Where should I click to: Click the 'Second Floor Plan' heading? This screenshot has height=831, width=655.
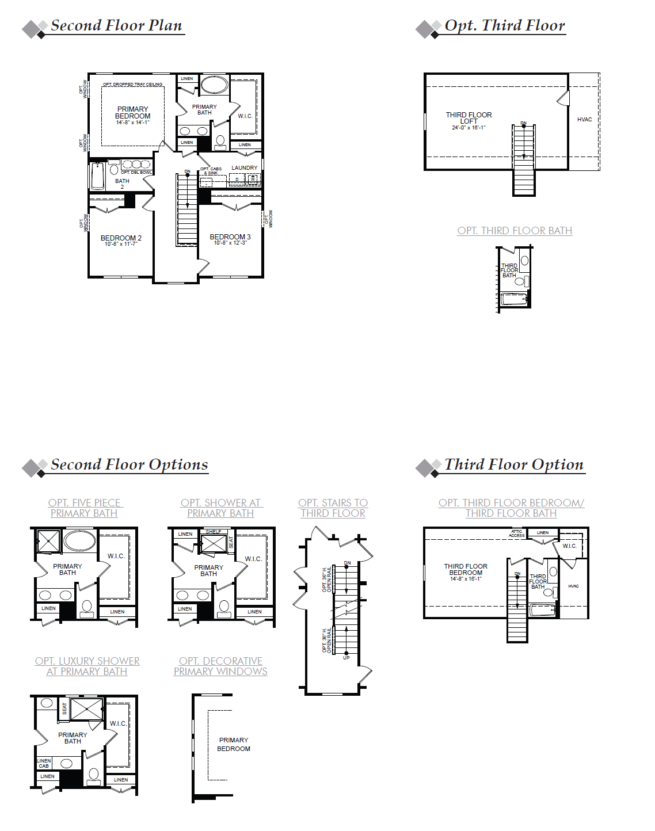pos(116,26)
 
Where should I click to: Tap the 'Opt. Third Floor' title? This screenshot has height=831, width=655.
pos(504,26)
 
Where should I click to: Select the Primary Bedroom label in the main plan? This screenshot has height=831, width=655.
pos(132,113)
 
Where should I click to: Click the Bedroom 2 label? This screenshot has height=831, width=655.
pos(121,238)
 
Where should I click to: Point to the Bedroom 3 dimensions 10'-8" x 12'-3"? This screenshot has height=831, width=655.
pos(230,243)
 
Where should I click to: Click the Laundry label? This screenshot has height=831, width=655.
pos(244,168)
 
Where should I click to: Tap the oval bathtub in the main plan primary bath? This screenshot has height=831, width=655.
pos(214,85)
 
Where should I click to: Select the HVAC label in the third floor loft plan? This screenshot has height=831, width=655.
pos(584,120)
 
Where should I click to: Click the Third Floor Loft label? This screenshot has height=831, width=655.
pos(469,118)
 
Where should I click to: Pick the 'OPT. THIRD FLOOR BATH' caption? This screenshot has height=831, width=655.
pos(515,231)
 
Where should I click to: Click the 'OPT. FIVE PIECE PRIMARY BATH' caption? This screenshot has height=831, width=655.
pos(85,508)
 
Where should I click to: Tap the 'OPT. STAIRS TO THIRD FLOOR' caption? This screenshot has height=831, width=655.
pos(333,508)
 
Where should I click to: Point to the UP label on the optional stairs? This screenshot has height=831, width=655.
pos(346,657)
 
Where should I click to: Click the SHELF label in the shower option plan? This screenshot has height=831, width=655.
pos(213,532)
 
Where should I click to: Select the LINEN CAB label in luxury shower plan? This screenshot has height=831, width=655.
pos(44,763)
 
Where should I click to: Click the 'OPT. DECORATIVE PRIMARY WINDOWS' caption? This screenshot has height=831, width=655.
pos(220,666)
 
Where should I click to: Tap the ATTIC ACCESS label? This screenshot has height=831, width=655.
pos(516,533)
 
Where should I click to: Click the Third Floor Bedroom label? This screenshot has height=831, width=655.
pos(466,570)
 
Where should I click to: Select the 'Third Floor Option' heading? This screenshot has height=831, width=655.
pos(513,465)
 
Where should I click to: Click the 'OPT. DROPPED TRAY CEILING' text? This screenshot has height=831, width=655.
pos(132,85)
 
